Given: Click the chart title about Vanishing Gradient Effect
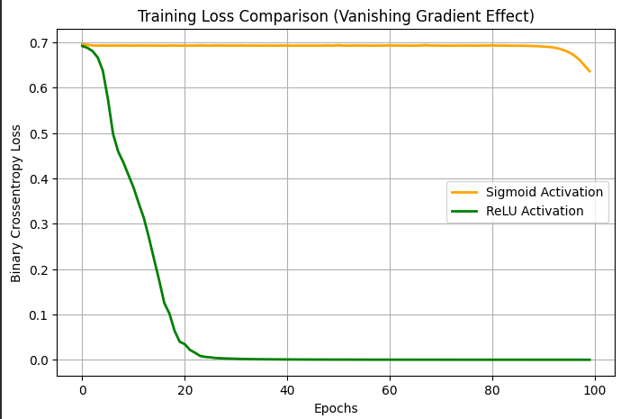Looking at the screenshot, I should click(336, 16).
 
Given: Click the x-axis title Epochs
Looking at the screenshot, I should click(336, 408).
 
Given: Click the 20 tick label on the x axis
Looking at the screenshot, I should click(184, 390).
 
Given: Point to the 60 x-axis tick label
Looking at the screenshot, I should click(390, 390).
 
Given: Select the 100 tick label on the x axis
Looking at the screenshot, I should click(594, 390).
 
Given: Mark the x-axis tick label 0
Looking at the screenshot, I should click(82, 390).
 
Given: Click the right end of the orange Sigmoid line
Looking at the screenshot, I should click(589, 70).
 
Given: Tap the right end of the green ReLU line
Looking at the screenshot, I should click(589, 360).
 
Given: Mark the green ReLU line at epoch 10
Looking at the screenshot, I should click(133, 187).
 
